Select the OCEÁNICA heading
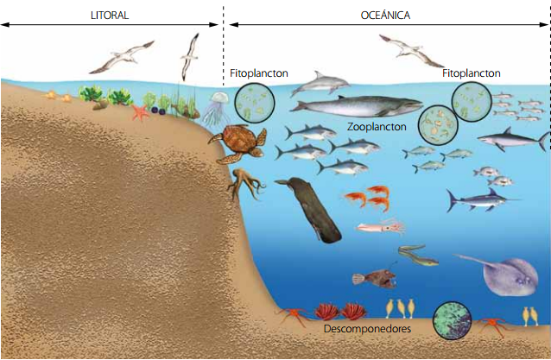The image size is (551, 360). coord(385,15)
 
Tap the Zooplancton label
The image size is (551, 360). coord(377,126)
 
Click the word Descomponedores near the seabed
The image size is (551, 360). coord(367,329)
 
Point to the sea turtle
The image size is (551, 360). coord(240,142)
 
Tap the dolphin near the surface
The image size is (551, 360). coord(319,84)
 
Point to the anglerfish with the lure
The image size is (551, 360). coord(372,279)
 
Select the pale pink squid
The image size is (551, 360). coord(381,228)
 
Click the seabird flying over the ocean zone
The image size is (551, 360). coord(411,51)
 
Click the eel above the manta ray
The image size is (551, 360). coord(419,255)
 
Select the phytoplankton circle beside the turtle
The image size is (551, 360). coord(253,104)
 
